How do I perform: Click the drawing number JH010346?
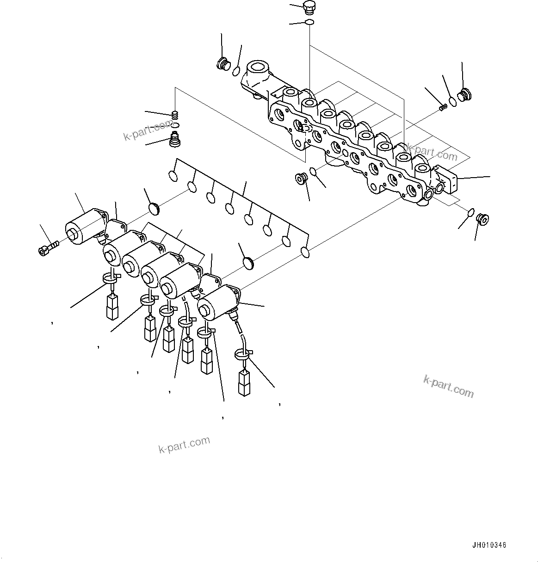click(489, 545)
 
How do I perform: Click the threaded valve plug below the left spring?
click(175, 139)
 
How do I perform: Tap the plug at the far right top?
click(463, 96)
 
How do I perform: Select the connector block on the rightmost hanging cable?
click(244, 382)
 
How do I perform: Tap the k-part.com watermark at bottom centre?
click(184, 445)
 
